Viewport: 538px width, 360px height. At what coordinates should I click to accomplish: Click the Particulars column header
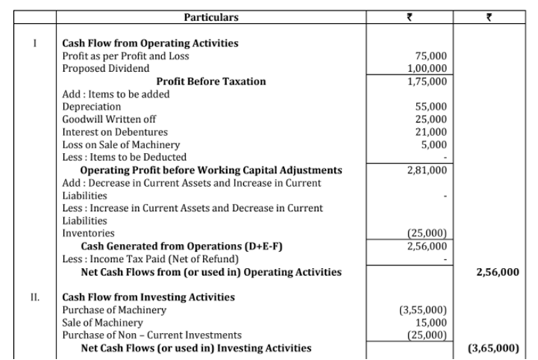(x=211, y=17)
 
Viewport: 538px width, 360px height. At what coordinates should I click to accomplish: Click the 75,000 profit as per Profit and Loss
(x=431, y=56)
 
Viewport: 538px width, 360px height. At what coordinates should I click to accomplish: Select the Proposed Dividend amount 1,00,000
(x=427, y=68)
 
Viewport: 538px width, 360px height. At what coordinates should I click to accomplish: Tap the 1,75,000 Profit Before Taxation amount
(x=427, y=81)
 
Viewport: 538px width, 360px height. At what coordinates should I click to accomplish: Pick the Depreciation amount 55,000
(x=431, y=107)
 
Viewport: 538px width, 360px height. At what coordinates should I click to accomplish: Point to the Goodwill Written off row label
(x=109, y=119)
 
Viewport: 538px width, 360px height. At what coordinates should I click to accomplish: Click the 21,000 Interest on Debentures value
(x=431, y=132)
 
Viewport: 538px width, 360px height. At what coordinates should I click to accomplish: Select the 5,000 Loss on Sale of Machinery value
(x=434, y=144)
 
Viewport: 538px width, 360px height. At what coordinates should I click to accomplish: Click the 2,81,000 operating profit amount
(x=427, y=170)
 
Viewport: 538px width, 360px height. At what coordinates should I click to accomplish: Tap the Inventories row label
(x=88, y=233)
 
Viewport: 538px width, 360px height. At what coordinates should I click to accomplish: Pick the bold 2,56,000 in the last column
(x=498, y=272)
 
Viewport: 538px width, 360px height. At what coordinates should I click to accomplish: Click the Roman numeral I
(x=35, y=43)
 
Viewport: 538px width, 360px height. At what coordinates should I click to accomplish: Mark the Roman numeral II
(x=35, y=297)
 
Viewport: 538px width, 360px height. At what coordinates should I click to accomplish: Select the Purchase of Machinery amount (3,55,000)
(x=423, y=311)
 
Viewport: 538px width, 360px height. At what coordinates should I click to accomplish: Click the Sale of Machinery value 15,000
(x=431, y=323)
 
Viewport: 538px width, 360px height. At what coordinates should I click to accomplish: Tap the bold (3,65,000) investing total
(x=493, y=348)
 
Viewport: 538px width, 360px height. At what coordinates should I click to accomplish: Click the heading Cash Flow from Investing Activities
(x=148, y=297)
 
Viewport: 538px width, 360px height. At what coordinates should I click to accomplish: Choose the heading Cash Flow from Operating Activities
(x=150, y=43)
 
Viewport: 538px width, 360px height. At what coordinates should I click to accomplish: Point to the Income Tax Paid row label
(x=151, y=259)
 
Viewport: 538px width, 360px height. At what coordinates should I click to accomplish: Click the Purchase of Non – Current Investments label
(x=151, y=335)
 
